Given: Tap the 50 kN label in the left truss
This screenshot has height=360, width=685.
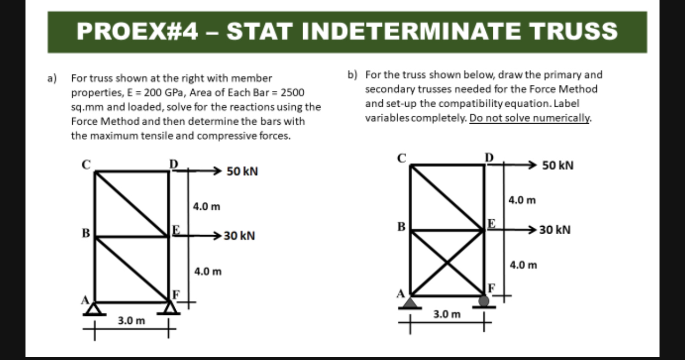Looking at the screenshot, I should [242, 172].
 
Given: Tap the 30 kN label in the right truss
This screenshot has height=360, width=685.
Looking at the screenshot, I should [555, 230].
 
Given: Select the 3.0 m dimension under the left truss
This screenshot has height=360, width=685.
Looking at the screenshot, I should [131, 321].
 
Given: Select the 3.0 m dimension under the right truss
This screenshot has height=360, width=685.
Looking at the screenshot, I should [447, 314].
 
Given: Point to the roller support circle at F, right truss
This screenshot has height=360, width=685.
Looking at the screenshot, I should [484, 301].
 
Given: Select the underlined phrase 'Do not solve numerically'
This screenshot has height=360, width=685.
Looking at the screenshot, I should [530, 117].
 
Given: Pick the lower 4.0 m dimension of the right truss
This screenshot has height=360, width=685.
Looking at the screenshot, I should [523, 264].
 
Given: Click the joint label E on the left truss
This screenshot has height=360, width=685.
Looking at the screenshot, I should [176, 229].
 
